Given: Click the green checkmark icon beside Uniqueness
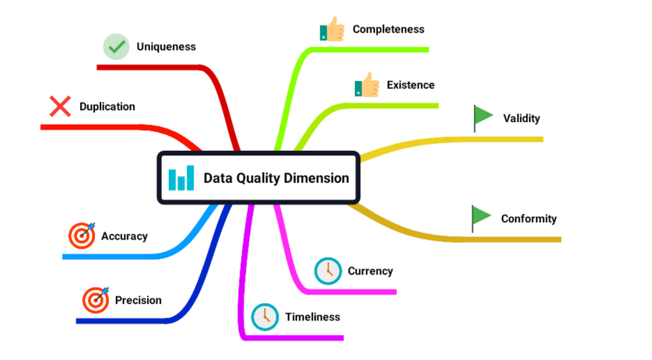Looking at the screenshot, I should pos(117,47).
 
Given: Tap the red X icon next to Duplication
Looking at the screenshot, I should pos(60,107).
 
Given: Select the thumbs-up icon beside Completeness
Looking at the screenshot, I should pos(332,30).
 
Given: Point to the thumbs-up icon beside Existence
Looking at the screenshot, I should pos(366,86).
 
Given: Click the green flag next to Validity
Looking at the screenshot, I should pos(483,117).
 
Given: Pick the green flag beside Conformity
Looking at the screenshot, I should pos(481,218).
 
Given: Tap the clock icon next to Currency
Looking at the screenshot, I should pos(328,271).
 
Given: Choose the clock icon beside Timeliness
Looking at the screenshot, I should pos(265,316).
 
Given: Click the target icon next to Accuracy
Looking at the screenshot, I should pos(82,236).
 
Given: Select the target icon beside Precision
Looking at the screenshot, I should pos(96,299).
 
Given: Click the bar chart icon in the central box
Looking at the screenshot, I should pos(181,178).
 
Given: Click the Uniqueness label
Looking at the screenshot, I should pos(166,47).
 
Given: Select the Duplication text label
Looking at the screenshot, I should pos(107,107).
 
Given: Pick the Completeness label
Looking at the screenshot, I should pos(388,30).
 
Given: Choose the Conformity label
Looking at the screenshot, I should pos(528,218).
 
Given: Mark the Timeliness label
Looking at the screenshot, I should pos(312,316).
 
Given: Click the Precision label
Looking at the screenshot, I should pos(138,300).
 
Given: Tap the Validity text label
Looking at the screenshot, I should pos(521,119).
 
